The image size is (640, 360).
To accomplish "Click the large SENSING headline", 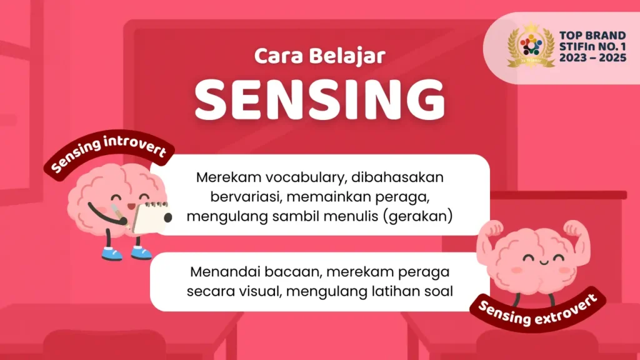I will pos(319,99).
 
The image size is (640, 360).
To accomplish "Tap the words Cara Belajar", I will pos(319,56).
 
